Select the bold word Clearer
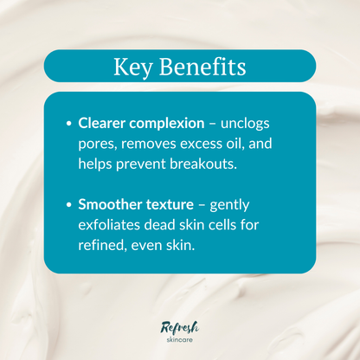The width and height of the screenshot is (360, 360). coord(103,123)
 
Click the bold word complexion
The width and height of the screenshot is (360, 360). coord(169,124)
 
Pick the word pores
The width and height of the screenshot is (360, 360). coord(96,144)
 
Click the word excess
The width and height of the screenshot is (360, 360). coord(196,143)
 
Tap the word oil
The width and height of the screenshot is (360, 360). coord(229,143)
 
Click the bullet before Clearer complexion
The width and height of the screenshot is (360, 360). coord(68,124)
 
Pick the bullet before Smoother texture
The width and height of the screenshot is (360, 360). coord(68,205)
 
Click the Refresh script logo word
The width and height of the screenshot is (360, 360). coord(180,326)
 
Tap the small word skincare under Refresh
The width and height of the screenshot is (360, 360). coord(183,340)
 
